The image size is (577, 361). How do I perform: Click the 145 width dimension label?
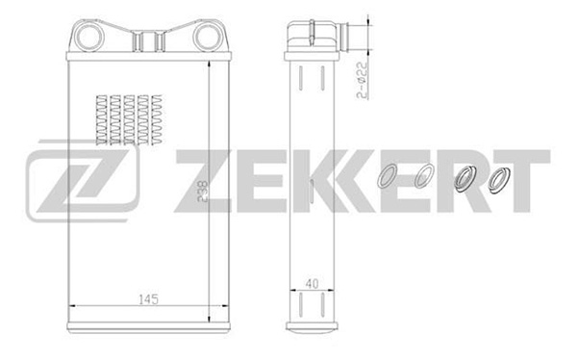[x=148, y=299]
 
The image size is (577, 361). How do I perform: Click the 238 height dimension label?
[x=202, y=192]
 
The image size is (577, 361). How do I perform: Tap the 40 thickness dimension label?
[x=312, y=284]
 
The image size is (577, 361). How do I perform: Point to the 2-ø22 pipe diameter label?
[x=363, y=80]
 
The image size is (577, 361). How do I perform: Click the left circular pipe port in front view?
[x=88, y=37]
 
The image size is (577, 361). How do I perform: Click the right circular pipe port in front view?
[x=208, y=37]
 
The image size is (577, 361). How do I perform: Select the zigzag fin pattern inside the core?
[x=129, y=120]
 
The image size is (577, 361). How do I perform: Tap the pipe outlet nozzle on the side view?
[x=345, y=37]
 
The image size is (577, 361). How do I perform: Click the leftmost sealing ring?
[x=389, y=176]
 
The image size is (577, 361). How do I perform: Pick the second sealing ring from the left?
[x=424, y=175]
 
